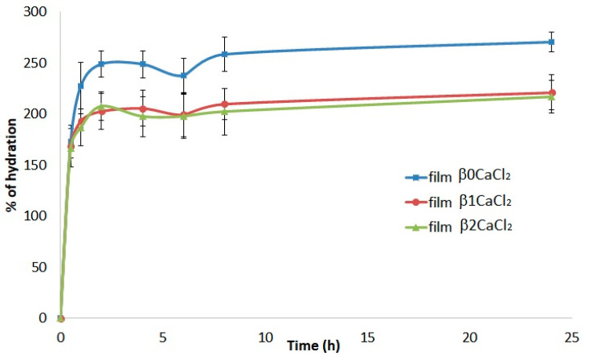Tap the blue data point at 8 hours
(224, 54)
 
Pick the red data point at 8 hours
(224, 104)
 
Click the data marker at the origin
(61, 318)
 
